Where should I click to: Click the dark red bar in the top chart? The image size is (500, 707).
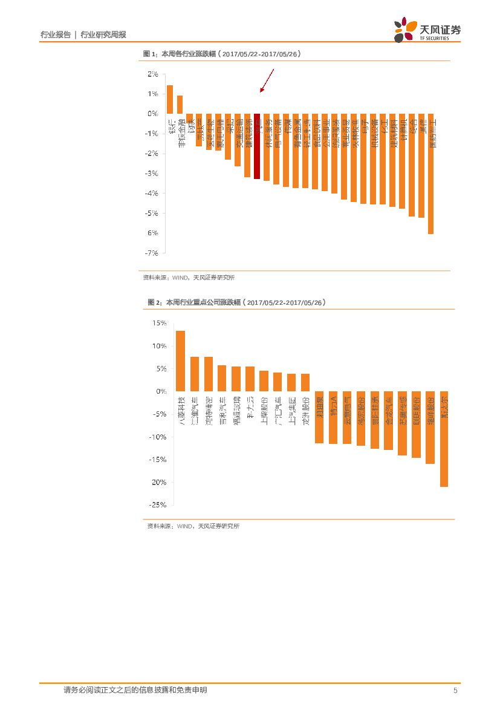point(257,146)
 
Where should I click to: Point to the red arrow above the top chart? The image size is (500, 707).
point(267,80)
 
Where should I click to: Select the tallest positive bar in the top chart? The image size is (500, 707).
point(170,100)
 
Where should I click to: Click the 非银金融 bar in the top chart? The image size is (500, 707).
point(180,105)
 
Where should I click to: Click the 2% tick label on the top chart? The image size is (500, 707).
point(152,74)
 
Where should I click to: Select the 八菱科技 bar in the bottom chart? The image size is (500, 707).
point(180,361)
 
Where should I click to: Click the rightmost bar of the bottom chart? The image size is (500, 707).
point(444,439)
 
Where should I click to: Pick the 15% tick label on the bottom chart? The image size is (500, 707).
point(160,324)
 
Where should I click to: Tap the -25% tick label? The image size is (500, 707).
point(158,504)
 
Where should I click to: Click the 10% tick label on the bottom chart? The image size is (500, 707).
point(160,346)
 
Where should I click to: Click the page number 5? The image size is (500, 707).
point(455,691)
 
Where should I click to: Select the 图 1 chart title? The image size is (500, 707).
point(221,54)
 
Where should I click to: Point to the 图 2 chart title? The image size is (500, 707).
point(236,302)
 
